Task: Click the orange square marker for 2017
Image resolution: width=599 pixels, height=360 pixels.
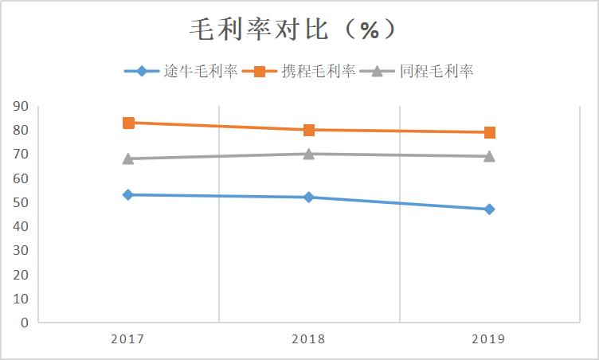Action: pos(128,123)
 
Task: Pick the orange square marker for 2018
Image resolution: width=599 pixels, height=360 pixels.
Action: pos(309,130)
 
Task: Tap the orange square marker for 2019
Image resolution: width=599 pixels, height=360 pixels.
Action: pos(490,132)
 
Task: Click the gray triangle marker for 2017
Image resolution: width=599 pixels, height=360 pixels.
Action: pos(128,158)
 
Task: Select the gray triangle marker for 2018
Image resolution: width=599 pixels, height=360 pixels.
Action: pos(309,154)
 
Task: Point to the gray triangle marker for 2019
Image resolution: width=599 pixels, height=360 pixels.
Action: pos(490,156)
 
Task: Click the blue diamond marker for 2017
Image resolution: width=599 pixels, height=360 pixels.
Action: pos(128,194)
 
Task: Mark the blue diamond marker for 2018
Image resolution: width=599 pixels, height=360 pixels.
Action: pos(309,197)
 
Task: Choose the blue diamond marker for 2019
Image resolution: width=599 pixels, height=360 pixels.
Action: pos(490,209)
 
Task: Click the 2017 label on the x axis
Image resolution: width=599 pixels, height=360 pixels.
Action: pos(127,339)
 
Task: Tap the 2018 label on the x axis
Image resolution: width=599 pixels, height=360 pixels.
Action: pos(308,339)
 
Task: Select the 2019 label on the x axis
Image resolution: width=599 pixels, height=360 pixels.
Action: pos(489,339)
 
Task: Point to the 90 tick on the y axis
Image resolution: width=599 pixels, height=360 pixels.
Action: pos(21,106)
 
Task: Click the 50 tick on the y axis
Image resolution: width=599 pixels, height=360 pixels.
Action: pos(21,202)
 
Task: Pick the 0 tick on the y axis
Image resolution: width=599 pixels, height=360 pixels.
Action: pos(25,323)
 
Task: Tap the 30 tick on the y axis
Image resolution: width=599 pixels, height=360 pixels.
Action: pos(21,250)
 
